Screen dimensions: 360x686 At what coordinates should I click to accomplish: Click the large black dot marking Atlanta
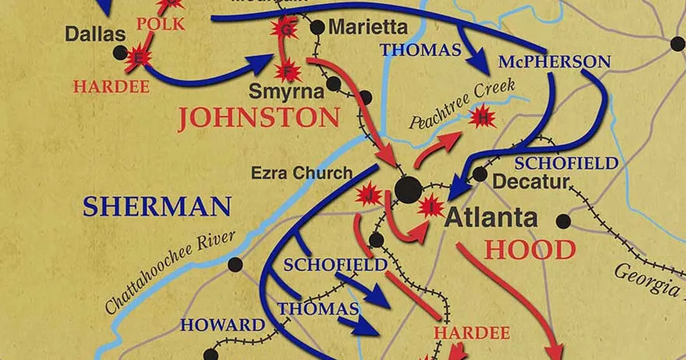[x=408, y=189]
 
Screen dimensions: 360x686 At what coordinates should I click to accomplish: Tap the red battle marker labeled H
[x=484, y=118]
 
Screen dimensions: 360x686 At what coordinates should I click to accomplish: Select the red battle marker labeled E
[x=140, y=57]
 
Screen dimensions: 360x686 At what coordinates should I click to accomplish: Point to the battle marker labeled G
[x=286, y=30]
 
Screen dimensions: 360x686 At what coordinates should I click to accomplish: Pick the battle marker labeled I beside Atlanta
[x=430, y=206]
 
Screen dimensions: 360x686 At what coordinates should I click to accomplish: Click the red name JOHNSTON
[x=258, y=119]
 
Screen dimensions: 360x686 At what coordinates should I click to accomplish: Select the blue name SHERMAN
[x=157, y=207]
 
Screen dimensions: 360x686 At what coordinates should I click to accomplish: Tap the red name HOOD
[x=530, y=250]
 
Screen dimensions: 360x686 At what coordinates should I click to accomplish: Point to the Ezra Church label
[x=301, y=173]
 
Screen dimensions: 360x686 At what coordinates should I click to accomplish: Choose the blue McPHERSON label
[x=555, y=61]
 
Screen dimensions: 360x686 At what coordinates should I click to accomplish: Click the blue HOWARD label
[x=222, y=325]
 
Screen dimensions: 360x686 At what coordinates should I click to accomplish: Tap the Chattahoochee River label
[x=170, y=273]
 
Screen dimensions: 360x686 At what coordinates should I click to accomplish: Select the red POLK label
[x=160, y=23]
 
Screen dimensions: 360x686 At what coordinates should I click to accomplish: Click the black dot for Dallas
[x=119, y=52]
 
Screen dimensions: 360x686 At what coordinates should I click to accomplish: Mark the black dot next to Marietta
[x=317, y=27]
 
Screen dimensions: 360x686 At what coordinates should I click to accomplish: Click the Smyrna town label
[x=286, y=91]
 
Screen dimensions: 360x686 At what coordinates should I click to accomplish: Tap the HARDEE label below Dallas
[x=110, y=86]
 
